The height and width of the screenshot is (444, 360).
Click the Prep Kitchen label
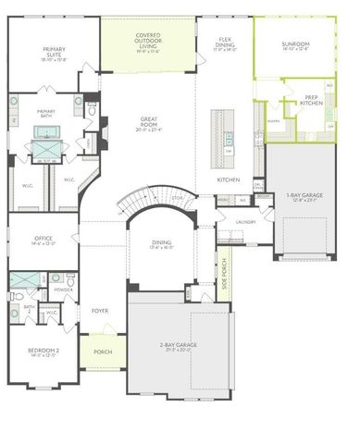[x=311, y=101]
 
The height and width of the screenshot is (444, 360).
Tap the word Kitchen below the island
[x=229, y=179]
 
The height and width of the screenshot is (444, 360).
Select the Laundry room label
[x=245, y=222]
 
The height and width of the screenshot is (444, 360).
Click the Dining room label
[x=163, y=246]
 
